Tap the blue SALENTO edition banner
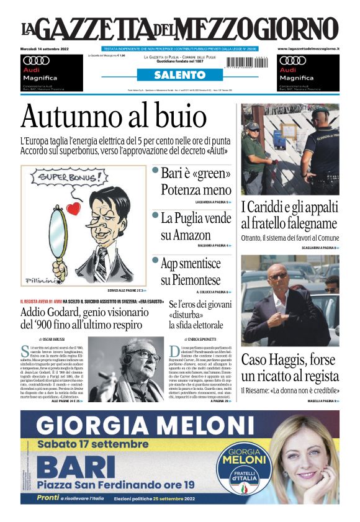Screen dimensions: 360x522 tap(179, 75)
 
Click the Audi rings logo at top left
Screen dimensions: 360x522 tap(35, 60)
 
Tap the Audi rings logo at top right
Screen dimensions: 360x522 tap(292, 60)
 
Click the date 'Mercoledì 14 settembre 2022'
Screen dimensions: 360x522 tap(45, 48)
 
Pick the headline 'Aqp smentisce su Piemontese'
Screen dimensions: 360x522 tap(191, 271)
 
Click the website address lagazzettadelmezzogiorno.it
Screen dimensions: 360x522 tap(308, 48)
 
